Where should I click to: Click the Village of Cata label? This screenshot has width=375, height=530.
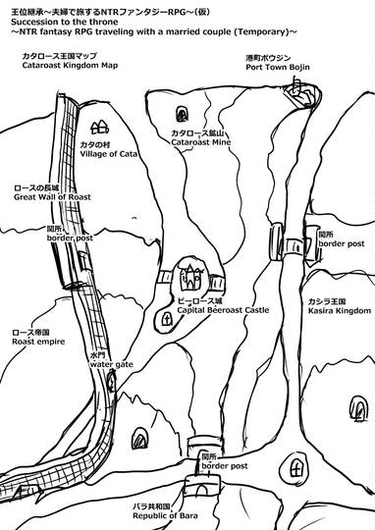tap(109, 154)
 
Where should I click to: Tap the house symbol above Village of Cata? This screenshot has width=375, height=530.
tap(99, 128)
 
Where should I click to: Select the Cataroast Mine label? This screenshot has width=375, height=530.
tap(201, 142)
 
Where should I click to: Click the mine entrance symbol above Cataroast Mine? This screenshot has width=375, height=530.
tap(182, 114)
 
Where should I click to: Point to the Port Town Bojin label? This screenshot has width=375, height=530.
tap(278, 68)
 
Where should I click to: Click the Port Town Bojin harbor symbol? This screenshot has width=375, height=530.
tap(302, 93)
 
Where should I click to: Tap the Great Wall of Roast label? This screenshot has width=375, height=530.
tap(52, 197)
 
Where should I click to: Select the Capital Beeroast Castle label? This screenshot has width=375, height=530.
tap(223, 310)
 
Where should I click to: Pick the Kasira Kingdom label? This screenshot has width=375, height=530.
tap(339, 310)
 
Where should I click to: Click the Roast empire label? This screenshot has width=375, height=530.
tap(38, 342)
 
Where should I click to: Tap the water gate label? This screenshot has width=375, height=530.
tap(111, 365)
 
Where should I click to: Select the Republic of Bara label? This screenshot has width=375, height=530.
tap(165, 516)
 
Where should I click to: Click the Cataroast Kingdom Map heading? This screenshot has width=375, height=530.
tap(70, 65)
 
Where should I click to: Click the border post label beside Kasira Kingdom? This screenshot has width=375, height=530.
tap(342, 243)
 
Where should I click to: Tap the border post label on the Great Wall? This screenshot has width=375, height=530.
tap(70, 238)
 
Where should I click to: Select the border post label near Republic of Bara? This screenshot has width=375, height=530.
tap(225, 466)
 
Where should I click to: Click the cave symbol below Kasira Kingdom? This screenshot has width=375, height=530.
tap(358, 408)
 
